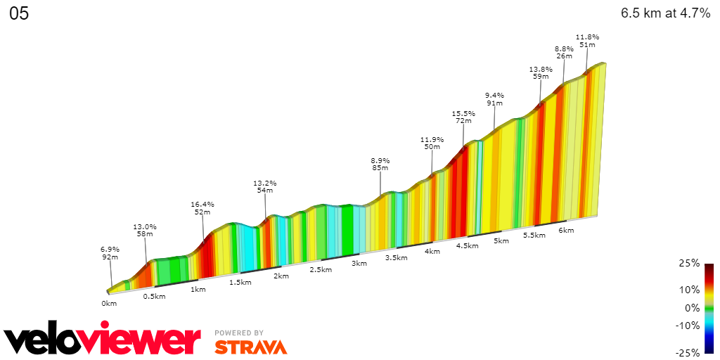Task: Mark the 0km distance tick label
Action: tap(108, 303)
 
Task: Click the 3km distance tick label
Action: tap(359, 264)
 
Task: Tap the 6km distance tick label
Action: tap(566, 231)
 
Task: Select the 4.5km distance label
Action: tap(467, 246)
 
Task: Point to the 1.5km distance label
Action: tap(240, 282)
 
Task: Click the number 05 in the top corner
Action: tap(19, 14)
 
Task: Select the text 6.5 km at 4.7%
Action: tap(665, 13)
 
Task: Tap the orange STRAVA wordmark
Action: tap(250, 347)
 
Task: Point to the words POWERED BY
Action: tap(239, 333)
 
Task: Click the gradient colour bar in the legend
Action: tap(709, 307)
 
